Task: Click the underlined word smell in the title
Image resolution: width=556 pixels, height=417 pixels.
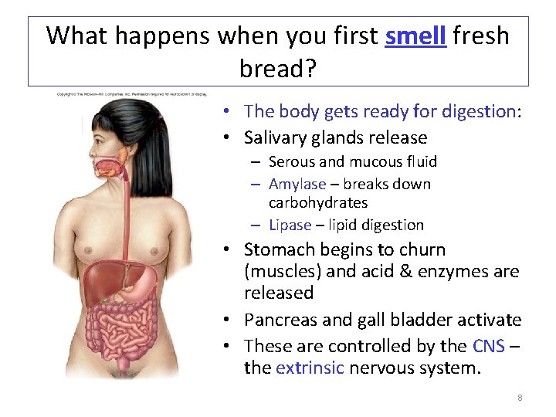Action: [415, 36]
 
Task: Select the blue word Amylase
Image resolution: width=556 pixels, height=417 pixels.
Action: [297, 184]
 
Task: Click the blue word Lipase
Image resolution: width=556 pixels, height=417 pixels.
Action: [290, 225]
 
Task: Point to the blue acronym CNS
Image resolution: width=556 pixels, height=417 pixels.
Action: [487, 345]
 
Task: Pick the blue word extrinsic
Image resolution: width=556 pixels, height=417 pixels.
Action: [310, 368]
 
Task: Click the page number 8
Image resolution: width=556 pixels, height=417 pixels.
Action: [520, 398]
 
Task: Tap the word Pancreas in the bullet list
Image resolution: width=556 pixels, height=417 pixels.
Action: [278, 320]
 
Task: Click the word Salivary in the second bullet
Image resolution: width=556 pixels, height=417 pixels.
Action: [276, 137]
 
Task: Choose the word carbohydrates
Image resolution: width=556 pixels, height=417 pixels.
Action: [317, 202]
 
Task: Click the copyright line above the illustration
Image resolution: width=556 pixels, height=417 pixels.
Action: [131, 94]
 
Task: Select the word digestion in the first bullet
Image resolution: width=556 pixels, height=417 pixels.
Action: [478, 111]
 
